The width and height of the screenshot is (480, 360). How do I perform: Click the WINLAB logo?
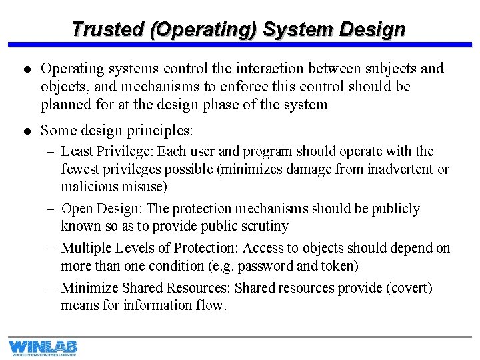pos(43,347)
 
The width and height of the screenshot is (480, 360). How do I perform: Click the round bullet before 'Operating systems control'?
pos(25,69)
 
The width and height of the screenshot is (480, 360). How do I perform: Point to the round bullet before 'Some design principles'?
pos(25,131)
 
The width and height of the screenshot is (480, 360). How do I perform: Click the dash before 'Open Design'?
pos(51,209)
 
